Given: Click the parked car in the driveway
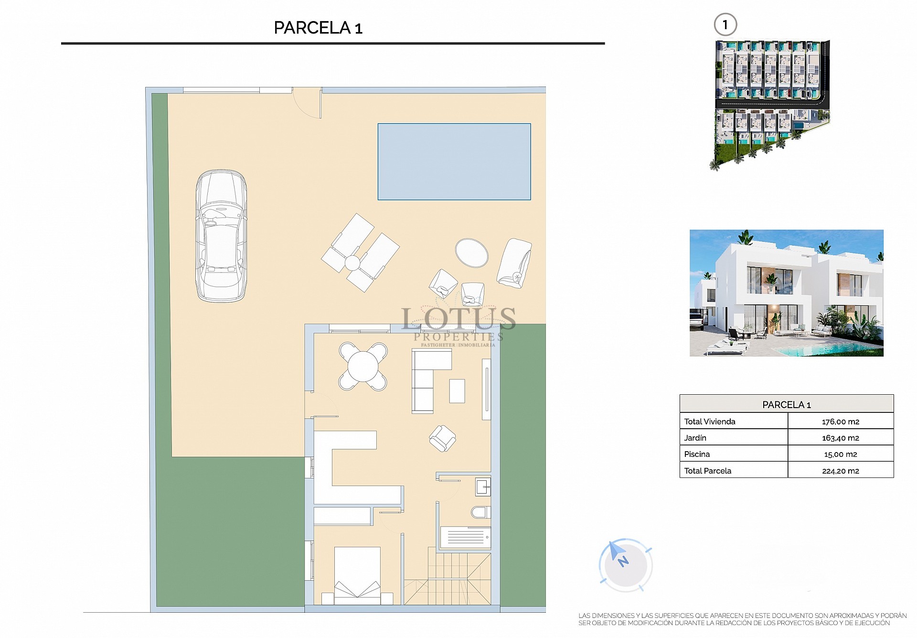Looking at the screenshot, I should (221, 236).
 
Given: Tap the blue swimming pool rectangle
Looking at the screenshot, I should (454, 162).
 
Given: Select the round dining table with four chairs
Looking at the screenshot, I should (363, 367).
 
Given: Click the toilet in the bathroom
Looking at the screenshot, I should (480, 512).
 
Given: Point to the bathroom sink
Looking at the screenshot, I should (483, 487).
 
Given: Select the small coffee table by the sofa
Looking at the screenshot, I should (457, 390).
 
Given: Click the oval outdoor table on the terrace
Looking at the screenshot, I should (471, 253).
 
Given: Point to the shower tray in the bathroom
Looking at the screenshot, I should (465, 537).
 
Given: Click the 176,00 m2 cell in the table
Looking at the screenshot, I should (840, 422).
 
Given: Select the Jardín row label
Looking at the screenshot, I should (695, 438).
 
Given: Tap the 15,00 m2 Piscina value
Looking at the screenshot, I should (840, 454).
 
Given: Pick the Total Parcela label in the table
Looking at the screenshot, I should (707, 471).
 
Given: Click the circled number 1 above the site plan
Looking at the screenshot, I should (725, 25).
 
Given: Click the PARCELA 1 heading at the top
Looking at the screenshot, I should (318, 28).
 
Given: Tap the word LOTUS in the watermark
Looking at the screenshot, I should (458, 319).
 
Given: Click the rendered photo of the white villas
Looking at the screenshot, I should (786, 293).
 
